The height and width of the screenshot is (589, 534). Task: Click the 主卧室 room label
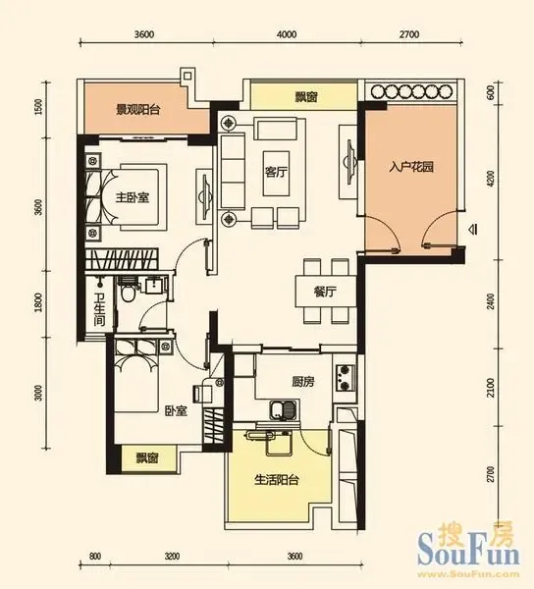(133, 197)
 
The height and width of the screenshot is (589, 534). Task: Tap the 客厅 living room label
(276, 173)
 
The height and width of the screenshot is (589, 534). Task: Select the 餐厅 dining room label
(325, 292)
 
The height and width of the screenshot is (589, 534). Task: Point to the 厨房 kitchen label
(303, 382)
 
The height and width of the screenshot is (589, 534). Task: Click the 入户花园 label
(411, 167)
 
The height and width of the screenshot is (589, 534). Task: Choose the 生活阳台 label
(277, 480)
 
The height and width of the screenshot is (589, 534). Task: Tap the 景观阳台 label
(137, 110)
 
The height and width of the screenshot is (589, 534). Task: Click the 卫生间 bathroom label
(99, 310)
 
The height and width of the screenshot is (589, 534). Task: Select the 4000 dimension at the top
(287, 34)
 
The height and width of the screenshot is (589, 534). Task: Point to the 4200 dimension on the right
(490, 179)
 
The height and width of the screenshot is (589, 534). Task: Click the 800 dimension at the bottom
(95, 556)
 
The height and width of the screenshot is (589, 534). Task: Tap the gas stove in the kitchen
(346, 378)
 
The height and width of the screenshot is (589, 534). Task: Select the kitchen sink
(283, 409)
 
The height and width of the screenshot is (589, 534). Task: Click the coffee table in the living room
(276, 174)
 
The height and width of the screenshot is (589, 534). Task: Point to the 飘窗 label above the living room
(306, 97)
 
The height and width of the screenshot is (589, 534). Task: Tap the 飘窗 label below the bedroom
(147, 458)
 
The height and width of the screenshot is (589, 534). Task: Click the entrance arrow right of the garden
(472, 229)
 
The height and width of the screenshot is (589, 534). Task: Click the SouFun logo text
(468, 552)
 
